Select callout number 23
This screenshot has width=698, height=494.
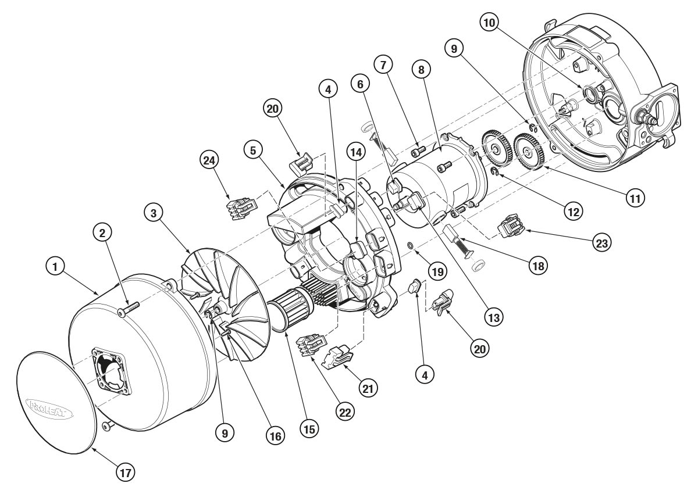tap(601, 242)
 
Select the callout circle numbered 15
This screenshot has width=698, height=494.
tap(309, 429)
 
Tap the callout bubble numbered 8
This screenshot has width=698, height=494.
tap(421, 69)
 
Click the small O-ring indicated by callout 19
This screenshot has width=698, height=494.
tap(411, 246)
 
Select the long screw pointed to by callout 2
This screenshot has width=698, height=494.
tap(127, 310)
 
